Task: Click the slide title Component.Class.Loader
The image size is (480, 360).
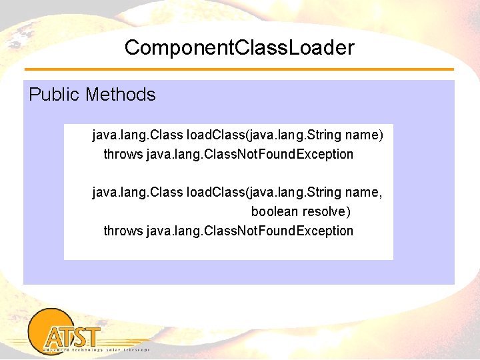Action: click(x=239, y=48)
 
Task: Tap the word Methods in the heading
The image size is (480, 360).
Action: click(x=121, y=95)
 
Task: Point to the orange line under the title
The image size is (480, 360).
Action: click(x=239, y=69)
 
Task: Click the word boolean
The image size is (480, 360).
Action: click(x=275, y=211)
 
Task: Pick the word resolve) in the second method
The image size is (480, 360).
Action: click(x=326, y=211)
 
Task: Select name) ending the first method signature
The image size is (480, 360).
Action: click(x=366, y=135)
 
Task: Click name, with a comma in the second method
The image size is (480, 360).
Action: click(x=365, y=193)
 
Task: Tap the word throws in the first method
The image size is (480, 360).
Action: click(x=123, y=154)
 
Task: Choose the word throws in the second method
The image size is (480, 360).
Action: click(x=123, y=231)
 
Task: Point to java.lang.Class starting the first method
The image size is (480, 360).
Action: click(x=137, y=135)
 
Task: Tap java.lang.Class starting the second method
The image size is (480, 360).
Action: click(x=137, y=193)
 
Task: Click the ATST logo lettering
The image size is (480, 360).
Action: click(x=73, y=336)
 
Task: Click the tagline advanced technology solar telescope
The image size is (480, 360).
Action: click(x=96, y=349)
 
